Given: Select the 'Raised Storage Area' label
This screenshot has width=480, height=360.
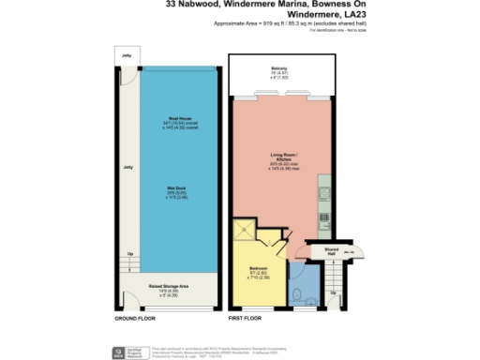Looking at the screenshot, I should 170,286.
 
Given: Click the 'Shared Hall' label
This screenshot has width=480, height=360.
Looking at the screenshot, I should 332,250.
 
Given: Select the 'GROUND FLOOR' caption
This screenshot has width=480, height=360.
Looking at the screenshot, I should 135,319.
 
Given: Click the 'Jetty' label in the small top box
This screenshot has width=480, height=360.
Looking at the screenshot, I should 126,56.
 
